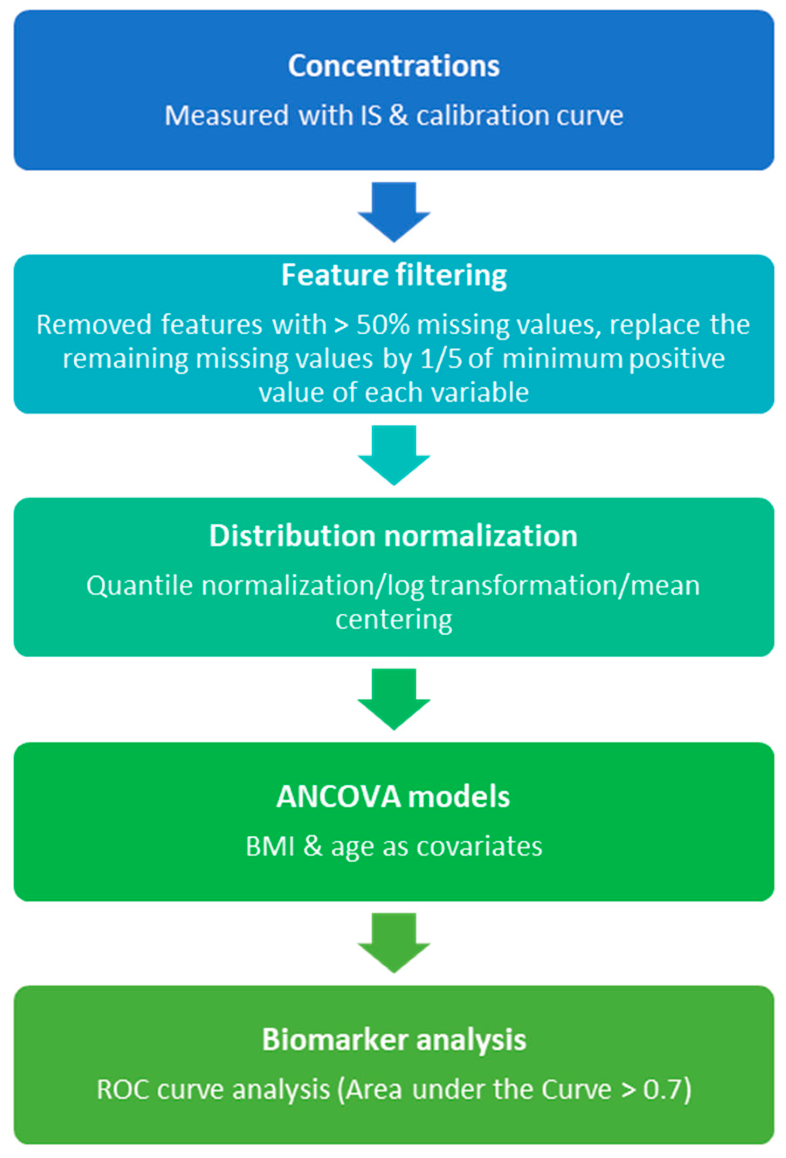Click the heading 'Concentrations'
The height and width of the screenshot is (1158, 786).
pos(393,66)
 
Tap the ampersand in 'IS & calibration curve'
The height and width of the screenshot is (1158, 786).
pos(398,116)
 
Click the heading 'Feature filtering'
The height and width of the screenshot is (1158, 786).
pos(393,275)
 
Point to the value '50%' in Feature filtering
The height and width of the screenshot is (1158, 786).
pos(383,325)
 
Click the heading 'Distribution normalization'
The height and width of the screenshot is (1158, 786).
pos(393,536)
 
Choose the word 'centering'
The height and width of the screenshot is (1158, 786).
pos(394,620)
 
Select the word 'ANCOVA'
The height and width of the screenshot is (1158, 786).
pos(338,796)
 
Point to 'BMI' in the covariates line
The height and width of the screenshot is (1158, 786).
pos(270,846)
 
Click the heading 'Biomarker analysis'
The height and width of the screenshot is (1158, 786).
pos(393,1039)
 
